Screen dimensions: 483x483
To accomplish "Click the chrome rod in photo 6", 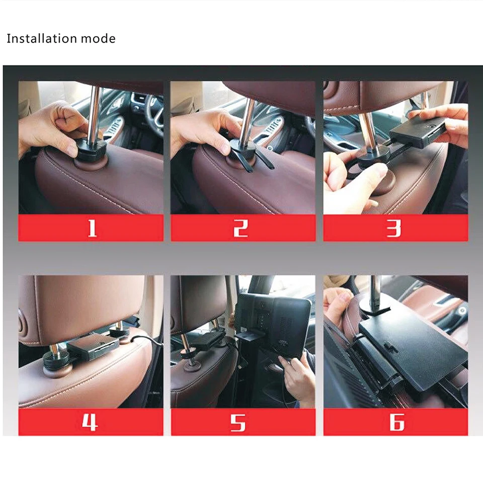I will tap(375, 292).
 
